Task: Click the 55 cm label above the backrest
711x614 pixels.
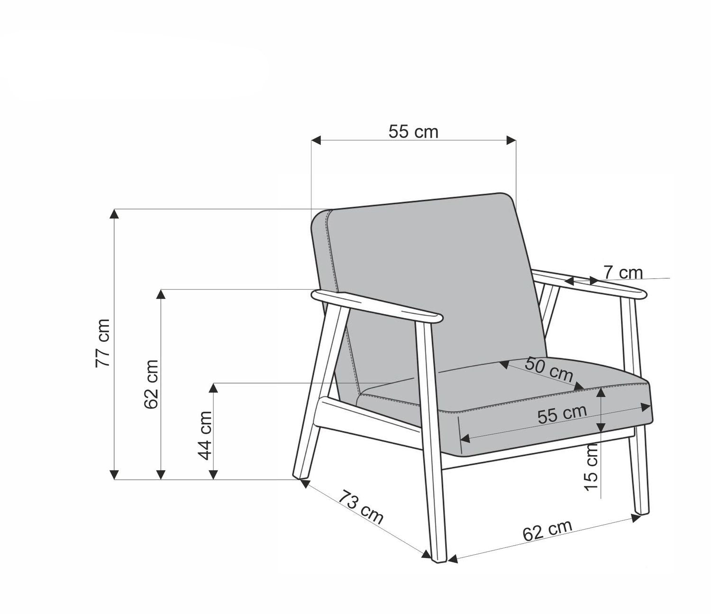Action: point(413,131)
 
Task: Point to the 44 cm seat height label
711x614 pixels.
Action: point(205,435)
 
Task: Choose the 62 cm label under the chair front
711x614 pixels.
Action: point(547,531)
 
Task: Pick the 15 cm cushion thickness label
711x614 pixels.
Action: point(592,467)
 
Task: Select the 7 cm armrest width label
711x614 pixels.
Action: point(623,273)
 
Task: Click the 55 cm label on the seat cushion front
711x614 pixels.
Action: point(562,414)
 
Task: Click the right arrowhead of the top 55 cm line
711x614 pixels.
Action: point(511,140)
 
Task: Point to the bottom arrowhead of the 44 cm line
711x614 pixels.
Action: point(214,474)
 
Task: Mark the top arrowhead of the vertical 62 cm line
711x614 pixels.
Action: point(161,294)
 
